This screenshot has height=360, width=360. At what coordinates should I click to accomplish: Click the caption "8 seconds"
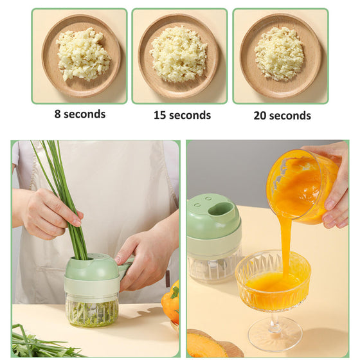click(80, 114)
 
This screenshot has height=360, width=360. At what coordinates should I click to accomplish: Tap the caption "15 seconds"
click(182, 115)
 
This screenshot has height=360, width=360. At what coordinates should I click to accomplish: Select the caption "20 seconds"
click(282, 115)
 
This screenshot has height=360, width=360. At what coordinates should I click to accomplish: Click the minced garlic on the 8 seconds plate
click(84, 55)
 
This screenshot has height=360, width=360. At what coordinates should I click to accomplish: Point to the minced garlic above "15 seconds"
click(179, 54)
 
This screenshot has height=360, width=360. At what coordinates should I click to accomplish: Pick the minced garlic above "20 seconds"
click(279, 54)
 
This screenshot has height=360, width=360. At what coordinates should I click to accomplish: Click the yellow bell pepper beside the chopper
click(170, 300)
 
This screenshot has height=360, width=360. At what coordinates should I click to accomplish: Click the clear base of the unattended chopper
click(214, 264)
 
